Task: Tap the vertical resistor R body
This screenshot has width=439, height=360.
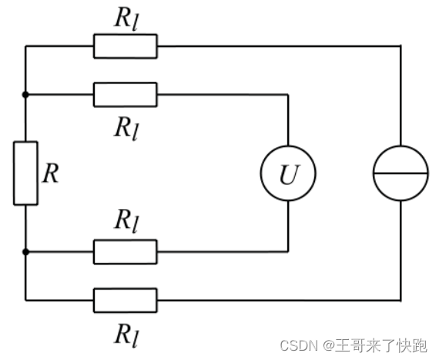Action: [25, 173]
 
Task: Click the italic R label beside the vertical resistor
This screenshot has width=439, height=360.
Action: [50, 173]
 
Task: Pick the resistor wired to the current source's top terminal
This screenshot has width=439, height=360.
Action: [126, 46]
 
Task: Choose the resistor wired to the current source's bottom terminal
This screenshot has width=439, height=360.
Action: [126, 300]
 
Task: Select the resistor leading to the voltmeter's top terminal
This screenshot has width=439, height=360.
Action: [126, 95]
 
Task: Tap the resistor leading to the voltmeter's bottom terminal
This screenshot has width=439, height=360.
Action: [126, 251]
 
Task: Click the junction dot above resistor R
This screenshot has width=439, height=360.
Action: [25, 95]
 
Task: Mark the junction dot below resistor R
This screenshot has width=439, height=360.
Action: [25, 251]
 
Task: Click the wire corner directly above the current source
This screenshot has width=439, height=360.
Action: [400, 46]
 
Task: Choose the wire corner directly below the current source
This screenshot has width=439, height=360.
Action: [400, 300]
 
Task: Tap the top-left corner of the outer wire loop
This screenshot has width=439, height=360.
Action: [25, 46]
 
